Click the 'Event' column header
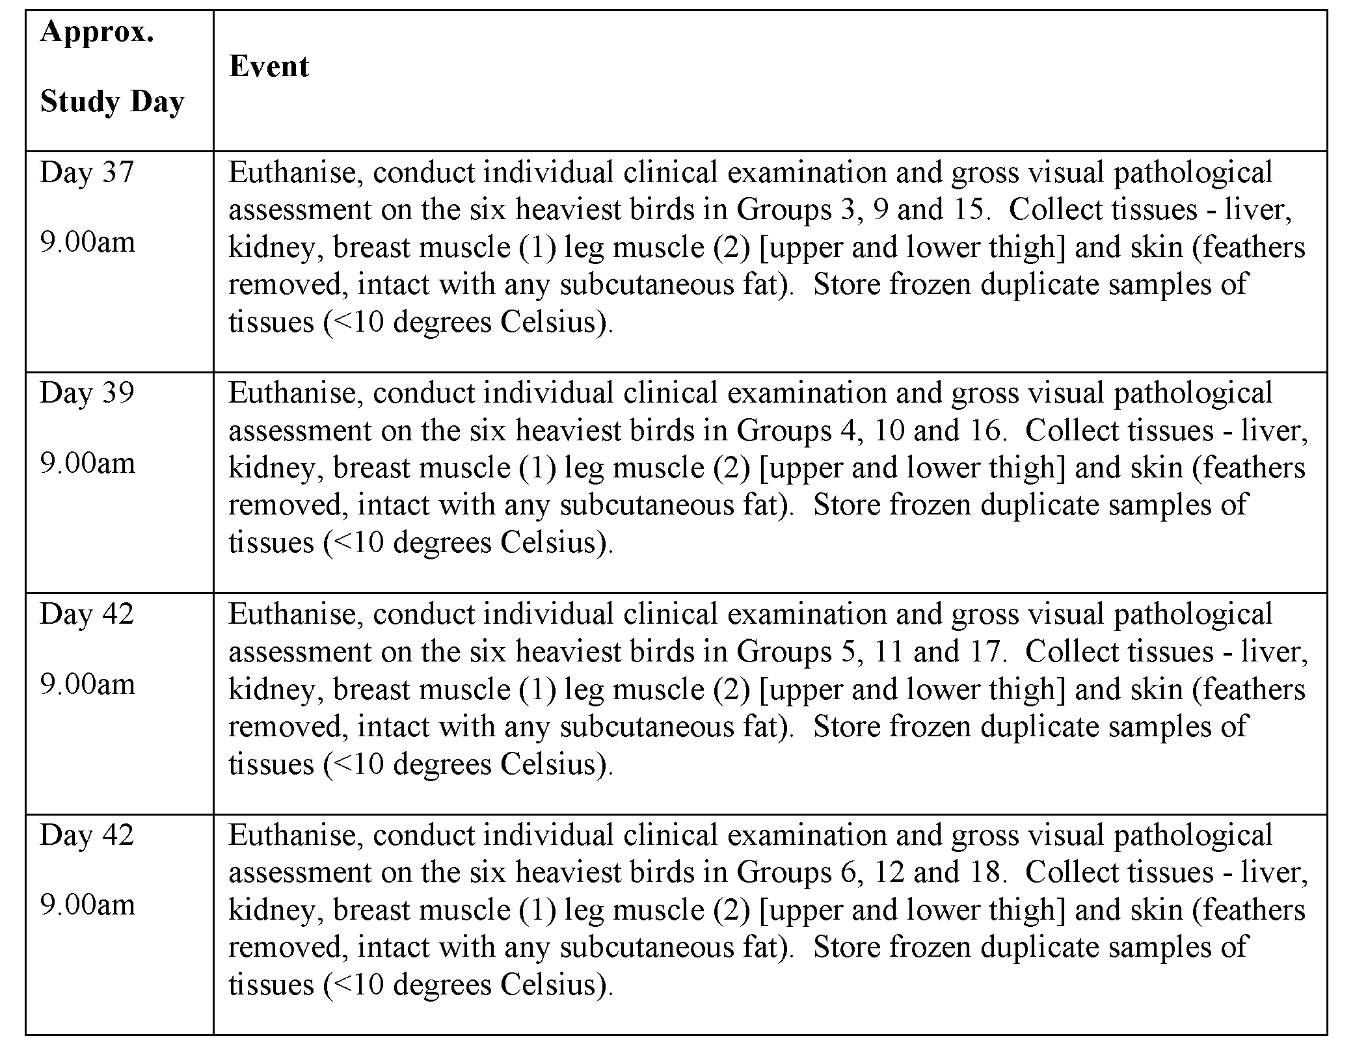[269, 66]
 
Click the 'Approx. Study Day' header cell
[112, 66]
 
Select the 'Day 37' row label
[87, 172]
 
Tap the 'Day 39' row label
[87, 393]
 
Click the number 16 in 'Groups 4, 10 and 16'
[985, 431]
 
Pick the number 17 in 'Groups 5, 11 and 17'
[985, 652]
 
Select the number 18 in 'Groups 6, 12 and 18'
[985, 872]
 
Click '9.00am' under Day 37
[87, 243]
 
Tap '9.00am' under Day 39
[87, 463]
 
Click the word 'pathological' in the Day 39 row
[1193, 393]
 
